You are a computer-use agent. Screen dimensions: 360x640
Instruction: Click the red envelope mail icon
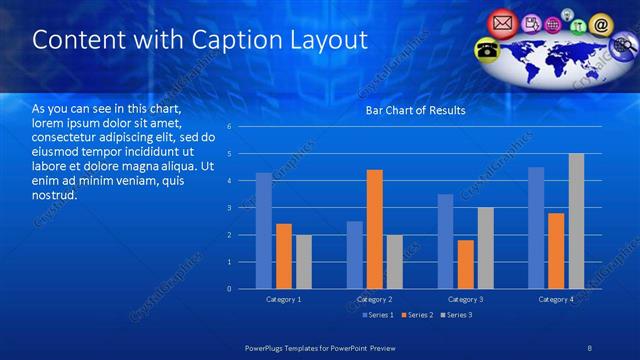(502, 21)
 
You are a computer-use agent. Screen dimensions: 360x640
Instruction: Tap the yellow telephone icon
(487, 49)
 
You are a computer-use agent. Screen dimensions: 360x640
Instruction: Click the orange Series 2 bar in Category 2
(375, 229)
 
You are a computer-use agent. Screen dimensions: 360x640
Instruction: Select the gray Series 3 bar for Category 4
(576, 221)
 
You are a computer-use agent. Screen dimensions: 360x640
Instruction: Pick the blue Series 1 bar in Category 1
(263, 230)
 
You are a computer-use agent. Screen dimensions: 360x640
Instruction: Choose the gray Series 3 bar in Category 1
(303, 261)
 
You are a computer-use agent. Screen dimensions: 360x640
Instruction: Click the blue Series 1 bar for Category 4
(536, 227)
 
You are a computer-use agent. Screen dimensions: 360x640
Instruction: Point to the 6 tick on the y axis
(229, 127)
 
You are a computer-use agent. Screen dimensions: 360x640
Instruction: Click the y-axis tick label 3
(229, 208)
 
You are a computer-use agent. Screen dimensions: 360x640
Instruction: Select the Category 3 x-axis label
(466, 300)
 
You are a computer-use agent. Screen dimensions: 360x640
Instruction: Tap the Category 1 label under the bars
(283, 300)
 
